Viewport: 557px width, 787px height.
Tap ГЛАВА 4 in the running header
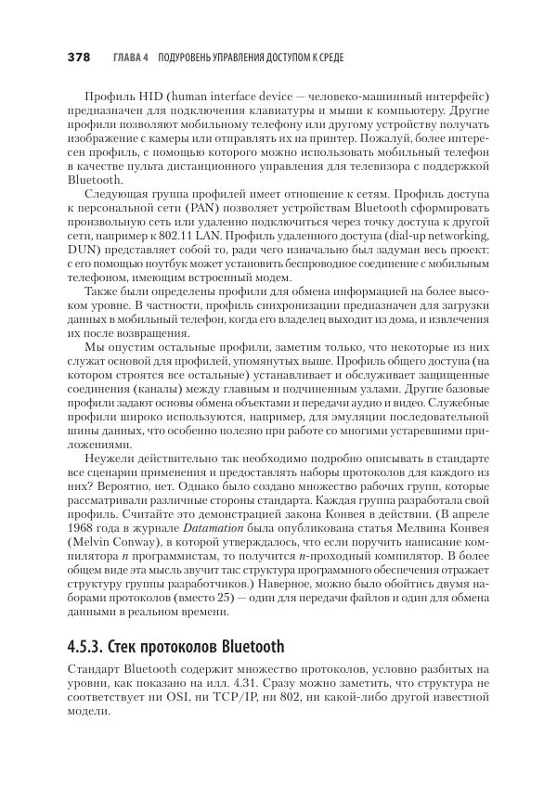coord(129,58)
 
